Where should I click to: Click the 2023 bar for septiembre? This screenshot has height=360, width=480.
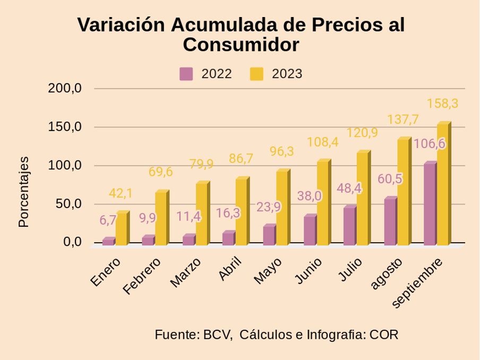tap(443, 184)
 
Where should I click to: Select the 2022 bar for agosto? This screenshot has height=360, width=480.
tap(390, 221)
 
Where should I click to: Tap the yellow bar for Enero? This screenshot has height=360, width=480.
tap(122, 229)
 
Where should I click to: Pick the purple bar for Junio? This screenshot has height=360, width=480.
tap(309, 230)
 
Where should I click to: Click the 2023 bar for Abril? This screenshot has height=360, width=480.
tap(241, 212)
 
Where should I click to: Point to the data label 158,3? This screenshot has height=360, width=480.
tap(442, 104)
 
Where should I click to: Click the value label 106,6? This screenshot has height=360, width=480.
tap(429, 144)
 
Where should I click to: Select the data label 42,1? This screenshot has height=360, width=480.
tap(121, 194)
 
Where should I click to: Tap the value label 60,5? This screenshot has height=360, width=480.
tap(390, 179)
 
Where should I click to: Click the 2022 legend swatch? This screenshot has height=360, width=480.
tap(186, 74)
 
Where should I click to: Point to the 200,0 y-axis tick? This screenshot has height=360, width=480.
tap(65, 88)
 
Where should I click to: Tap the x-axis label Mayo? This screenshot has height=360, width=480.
tap(268, 270)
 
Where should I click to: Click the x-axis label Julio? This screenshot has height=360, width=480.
tap(350, 270)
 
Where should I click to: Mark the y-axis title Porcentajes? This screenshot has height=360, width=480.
tap(23, 192)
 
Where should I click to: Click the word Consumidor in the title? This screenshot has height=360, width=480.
tap(241, 45)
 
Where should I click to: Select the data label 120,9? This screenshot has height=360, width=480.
tap(362, 133)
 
